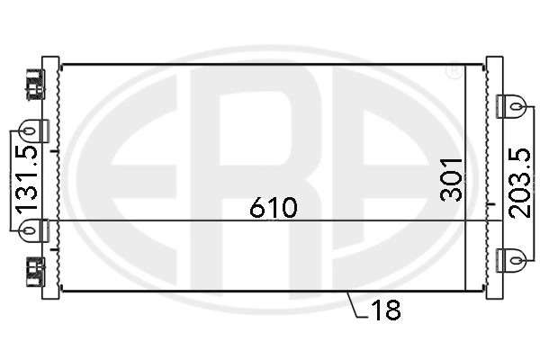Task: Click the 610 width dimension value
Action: tap(274, 208)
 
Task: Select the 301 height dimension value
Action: tap(453, 179)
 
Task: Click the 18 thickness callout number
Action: tap(386, 310)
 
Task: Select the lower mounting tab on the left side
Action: tap(31, 230)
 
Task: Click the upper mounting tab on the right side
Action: tap(513, 106)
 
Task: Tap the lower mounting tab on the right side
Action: tap(513, 259)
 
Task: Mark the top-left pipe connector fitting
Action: tap(33, 84)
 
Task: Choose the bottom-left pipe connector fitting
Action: tap(33, 269)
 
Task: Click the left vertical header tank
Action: tap(50, 180)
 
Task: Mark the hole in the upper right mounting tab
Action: tap(518, 106)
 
